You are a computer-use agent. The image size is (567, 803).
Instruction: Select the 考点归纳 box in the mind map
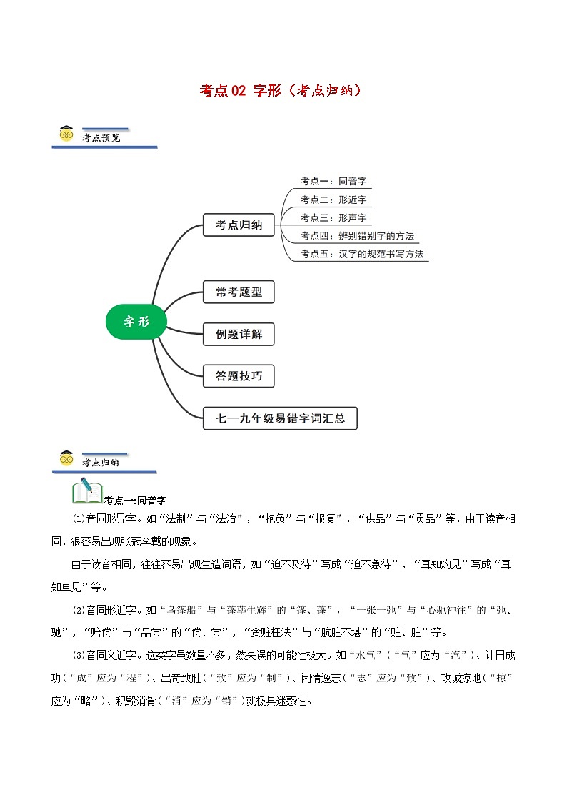click(x=239, y=225)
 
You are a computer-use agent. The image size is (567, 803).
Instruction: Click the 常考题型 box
click(x=239, y=292)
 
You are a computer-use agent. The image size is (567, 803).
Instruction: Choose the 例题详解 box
click(x=239, y=334)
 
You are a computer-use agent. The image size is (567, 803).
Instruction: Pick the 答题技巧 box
click(x=239, y=376)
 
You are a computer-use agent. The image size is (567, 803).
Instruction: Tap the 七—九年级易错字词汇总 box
click(x=280, y=418)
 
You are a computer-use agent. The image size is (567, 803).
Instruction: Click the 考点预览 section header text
click(x=101, y=137)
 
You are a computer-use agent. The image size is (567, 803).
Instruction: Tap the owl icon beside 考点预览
click(x=66, y=134)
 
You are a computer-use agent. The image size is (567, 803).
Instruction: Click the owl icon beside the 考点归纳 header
click(x=66, y=460)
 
